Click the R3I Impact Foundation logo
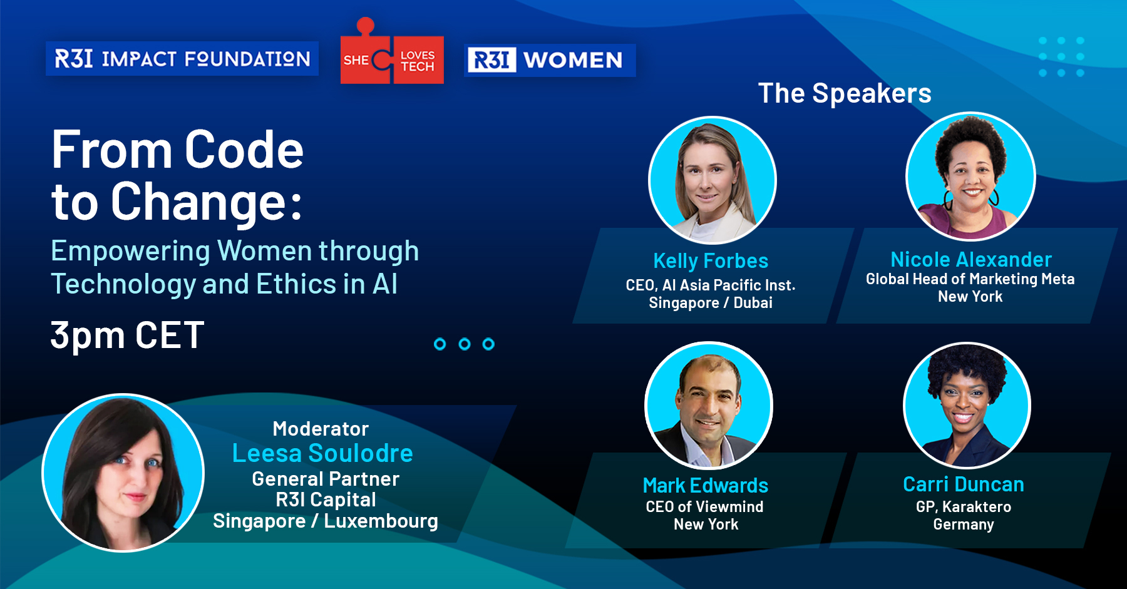coord(182,59)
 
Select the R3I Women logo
coord(550,60)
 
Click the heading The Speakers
coord(845,93)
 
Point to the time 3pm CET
coord(127,335)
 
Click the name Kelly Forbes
coord(711,260)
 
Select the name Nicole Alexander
coord(971,259)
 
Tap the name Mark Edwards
coord(706,485)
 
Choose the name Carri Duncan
coord(964,484)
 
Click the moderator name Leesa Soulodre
coord(322,453)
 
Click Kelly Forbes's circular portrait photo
coord(713,180)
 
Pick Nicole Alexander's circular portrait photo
coord(970,177)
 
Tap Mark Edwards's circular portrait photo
coord(709,406)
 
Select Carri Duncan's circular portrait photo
coord(967,406)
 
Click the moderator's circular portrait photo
coord(123,473)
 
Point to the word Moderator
coord(321,429)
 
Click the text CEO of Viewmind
coord(704,506)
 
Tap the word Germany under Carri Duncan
coord(964,525)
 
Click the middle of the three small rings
coord(465,344)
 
